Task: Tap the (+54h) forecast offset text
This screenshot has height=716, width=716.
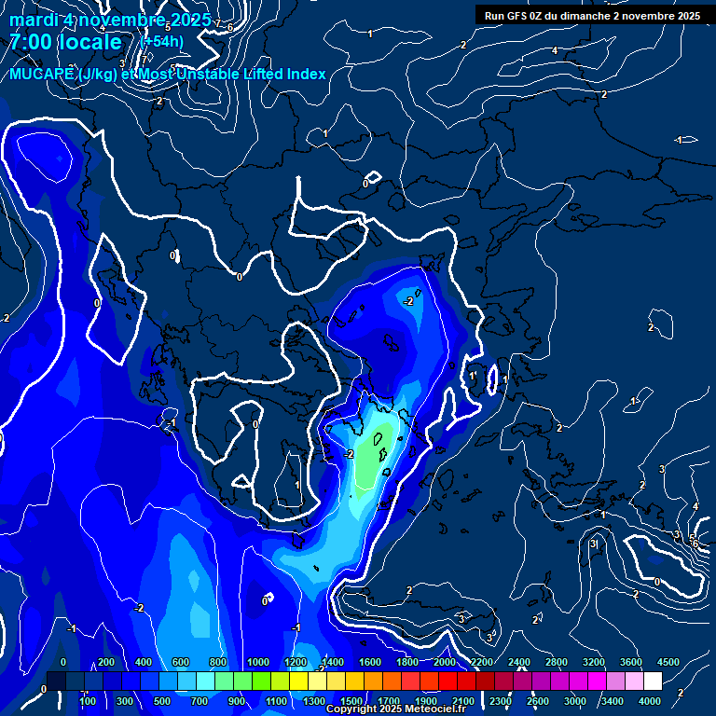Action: [161, 41]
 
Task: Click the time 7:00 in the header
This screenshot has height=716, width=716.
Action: [30, 42]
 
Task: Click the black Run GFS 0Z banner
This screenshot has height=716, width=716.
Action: [592, 15]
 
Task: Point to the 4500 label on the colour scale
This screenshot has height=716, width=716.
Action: [668, 661]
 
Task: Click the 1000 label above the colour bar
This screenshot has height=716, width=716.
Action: [258, 661]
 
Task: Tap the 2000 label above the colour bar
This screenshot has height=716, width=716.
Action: [445, 661]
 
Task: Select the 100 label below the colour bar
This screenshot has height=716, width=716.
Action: [88, 700]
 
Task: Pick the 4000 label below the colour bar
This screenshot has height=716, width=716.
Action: [650, 700]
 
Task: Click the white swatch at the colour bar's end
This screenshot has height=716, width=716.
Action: [653, 682]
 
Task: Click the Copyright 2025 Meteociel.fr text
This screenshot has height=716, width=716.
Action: [395, 709]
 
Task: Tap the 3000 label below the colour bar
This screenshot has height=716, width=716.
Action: [575, 700]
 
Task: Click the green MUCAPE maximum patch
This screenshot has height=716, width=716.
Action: [371, 459]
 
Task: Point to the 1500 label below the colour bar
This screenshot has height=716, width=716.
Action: [351, 700]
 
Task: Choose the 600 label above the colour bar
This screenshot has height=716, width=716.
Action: [180, 661]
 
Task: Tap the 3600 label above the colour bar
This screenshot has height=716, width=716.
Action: [631, 661]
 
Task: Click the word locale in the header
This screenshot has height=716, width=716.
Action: [89, 42]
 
